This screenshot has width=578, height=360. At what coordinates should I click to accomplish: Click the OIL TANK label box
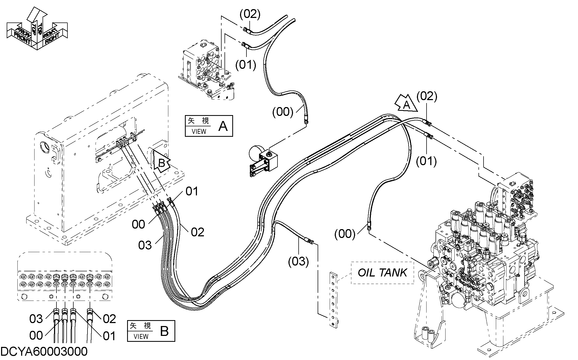[382, 272]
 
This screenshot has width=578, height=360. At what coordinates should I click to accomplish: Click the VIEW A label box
[209, 126]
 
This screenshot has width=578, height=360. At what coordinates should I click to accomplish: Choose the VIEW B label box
[151, 331]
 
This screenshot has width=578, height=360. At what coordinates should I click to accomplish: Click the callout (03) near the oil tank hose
[298, 262]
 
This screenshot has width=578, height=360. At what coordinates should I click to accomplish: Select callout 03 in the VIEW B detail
[36, 319]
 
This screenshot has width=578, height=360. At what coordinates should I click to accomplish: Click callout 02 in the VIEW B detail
[109, 319]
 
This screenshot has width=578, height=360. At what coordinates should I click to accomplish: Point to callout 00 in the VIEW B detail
[36, 335]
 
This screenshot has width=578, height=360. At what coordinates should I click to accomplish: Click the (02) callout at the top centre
[250, 14]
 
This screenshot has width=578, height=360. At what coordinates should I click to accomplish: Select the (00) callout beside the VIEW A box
[283, 112]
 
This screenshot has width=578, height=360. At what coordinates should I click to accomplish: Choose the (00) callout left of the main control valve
[345, 234]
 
